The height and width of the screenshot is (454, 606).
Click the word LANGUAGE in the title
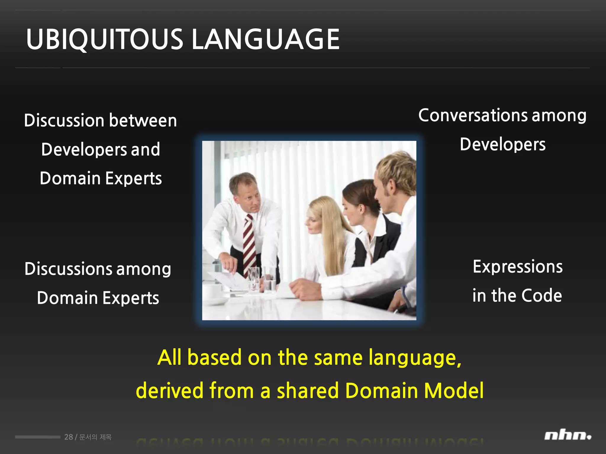pos(265,39)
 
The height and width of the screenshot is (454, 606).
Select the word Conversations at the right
pos(473,115)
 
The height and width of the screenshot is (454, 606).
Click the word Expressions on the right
pos(518,267)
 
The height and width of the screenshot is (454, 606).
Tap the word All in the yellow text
pos(169,357)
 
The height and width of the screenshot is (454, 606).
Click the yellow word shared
pos(307,390)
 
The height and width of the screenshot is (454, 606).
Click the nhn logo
pos(567,436)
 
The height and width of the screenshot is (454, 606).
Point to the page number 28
pos(68,437)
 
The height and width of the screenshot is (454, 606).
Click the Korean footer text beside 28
pos(96,437)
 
